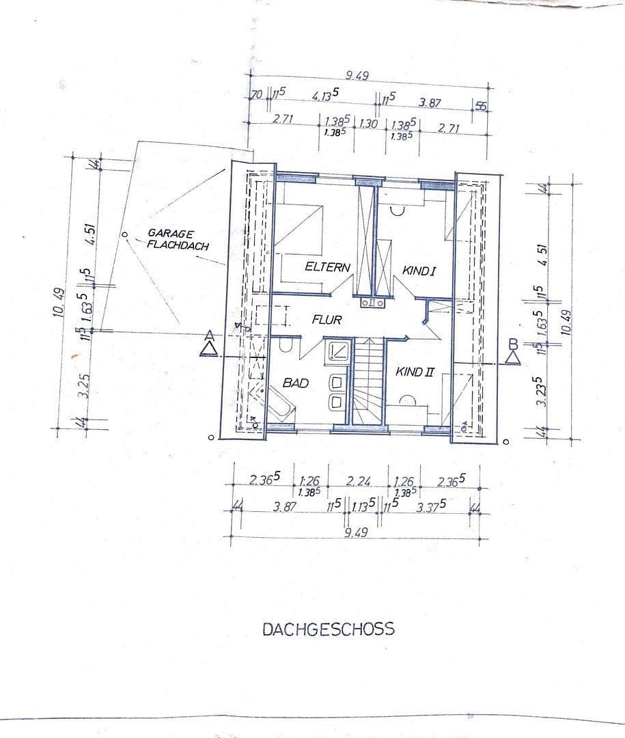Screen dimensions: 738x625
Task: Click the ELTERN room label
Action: (x=328, y=267)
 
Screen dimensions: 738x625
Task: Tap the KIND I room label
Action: (x=419, y=271)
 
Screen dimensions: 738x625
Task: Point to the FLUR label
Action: (x=327, y=319)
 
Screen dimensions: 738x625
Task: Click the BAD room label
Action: (x=296, y=383)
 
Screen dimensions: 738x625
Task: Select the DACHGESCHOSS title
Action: (x=329, y=629)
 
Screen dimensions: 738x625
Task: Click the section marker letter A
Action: (x=210, y=336)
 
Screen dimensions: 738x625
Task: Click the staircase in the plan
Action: (x=368, y=383)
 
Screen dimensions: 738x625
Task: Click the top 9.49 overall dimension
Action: (x=357, y=76)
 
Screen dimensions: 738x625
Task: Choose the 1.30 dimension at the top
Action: (x=368, y=124)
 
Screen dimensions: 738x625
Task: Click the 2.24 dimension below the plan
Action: (x=358, y=481)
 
